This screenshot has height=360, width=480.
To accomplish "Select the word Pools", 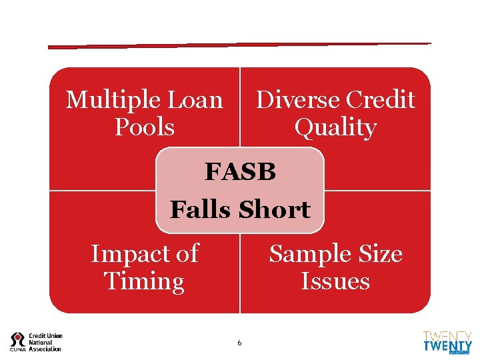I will tap(145, 127).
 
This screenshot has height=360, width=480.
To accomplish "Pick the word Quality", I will tap(335, 127).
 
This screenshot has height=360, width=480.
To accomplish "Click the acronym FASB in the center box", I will tap(240, 172).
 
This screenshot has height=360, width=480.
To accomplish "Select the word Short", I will tap(275, 210).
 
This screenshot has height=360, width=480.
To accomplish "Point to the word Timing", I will tap(145, 281).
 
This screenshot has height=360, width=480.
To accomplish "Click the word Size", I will tap(379, 254).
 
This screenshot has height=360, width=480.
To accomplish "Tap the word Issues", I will tap(335, 281).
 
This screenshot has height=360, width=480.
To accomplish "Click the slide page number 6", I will tap(239, 343).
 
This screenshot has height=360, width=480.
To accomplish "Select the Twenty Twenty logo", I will tap(447, 342).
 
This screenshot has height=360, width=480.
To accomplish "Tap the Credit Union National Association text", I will tap(45, 342).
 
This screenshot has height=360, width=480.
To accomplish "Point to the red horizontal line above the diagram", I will tap(240, 45).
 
